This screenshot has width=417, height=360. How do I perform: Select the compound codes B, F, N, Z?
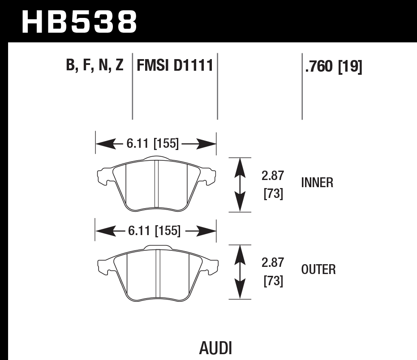[x=95, y=66]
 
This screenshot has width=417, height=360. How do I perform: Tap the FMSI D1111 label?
[x=174, y=66]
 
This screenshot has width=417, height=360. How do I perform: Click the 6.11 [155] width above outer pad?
[x=154, y=231]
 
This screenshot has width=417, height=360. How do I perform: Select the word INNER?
[x=317, y=183]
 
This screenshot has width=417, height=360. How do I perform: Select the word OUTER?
[x=318, y=270]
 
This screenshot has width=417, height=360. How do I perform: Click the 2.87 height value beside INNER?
[x=272, y=175]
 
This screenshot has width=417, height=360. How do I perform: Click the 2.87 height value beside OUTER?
[x=272, y=262]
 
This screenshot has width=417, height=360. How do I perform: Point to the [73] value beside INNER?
[x=272, y=194]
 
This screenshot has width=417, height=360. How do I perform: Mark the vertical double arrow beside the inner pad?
[x=241, y=184]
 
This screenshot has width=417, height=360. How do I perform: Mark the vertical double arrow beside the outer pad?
[x=241, y=271]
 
